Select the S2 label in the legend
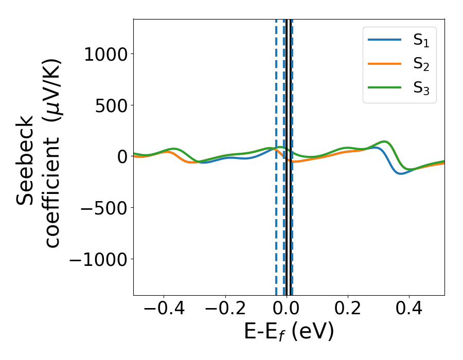click(421, 65)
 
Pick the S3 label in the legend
click(421, 88)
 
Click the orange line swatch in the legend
click(384, 64)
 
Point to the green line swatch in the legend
click(384, 87)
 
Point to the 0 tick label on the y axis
click(122, 157)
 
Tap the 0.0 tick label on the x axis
click(286, 309)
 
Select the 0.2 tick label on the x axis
click(348, 309)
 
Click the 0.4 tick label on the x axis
click(409, 309)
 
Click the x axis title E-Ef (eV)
click(289, 332)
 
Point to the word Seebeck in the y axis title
click(26, 160)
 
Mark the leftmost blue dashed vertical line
click(276, 154)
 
